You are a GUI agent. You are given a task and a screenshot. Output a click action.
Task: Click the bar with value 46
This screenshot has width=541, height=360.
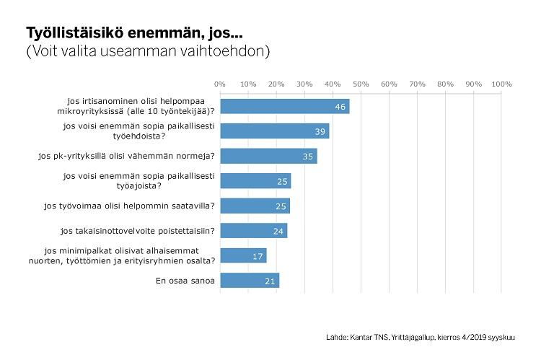(x=285, y=106)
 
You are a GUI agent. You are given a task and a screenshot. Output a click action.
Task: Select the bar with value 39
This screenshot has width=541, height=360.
(x=275, y=131)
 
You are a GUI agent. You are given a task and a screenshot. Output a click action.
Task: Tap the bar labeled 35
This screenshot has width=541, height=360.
(x=268, y=156)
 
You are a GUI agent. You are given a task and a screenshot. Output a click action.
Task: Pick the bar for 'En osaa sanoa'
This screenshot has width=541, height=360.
(x=250, y=281)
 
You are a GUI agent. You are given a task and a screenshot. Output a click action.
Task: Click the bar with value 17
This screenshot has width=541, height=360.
(x=244, y=255)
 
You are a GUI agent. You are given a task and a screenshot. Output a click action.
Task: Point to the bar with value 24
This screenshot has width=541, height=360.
(x=254, y=231)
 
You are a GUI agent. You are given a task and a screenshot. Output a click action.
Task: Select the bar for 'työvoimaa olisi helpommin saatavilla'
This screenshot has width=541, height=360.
(x=255, y=206)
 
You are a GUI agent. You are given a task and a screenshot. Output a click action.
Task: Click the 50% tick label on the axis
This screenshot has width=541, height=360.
(x=361, y=84)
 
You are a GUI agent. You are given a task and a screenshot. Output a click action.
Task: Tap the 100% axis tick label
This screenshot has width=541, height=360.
(x=501, y=84)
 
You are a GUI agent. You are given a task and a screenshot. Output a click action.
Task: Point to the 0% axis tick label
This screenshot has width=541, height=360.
(x=220, y=84)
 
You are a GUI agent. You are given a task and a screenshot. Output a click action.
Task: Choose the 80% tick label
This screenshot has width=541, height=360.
(x=445, y=84)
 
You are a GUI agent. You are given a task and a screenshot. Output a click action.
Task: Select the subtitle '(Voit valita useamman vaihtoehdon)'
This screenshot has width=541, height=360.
(x=148, y=51)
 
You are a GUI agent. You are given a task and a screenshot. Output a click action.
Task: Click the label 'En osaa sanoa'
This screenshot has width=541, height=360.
(x=185, y=281)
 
